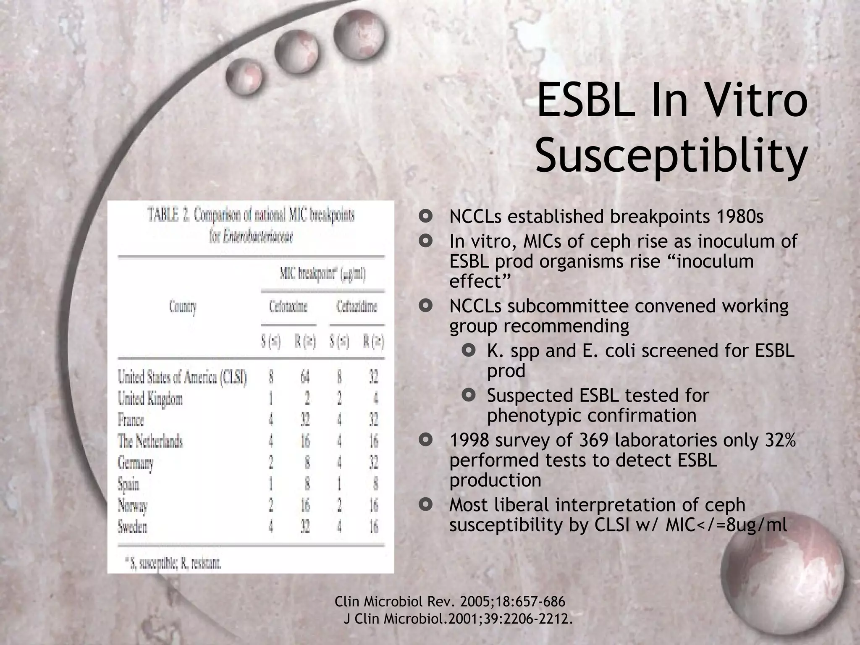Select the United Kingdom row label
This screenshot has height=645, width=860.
pyautogui.click(x=150, y=399)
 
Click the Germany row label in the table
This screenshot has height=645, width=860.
pyautogui.click(x=135, y=463)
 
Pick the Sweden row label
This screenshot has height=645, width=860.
pyautogui.click(x=132, y=526)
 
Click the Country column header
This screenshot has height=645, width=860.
pyautogui.click(x=183, y=307)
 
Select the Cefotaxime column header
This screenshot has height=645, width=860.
pyautogui.click(x=288, y=307)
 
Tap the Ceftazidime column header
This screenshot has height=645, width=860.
pyautogui.click(x=357, y=307)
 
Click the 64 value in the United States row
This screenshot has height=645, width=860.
pyautogui.click(x=305, y=377)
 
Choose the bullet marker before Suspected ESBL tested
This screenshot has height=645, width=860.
pyautogui.click(x=468, y=395)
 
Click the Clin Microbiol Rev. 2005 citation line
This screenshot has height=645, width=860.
pyautogui.click(x=450, y=602)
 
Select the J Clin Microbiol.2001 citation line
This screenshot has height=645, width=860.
pyautogui.click(x=458, y=619)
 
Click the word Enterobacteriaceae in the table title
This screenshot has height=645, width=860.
pyautogui.click(x=251, y=237)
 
